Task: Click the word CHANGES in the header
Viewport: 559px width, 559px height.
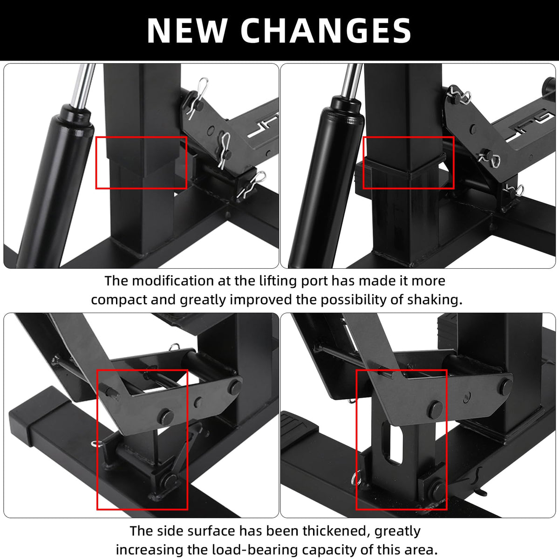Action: tap(326, 31)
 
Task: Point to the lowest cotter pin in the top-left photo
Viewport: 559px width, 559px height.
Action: tap(252, 184)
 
